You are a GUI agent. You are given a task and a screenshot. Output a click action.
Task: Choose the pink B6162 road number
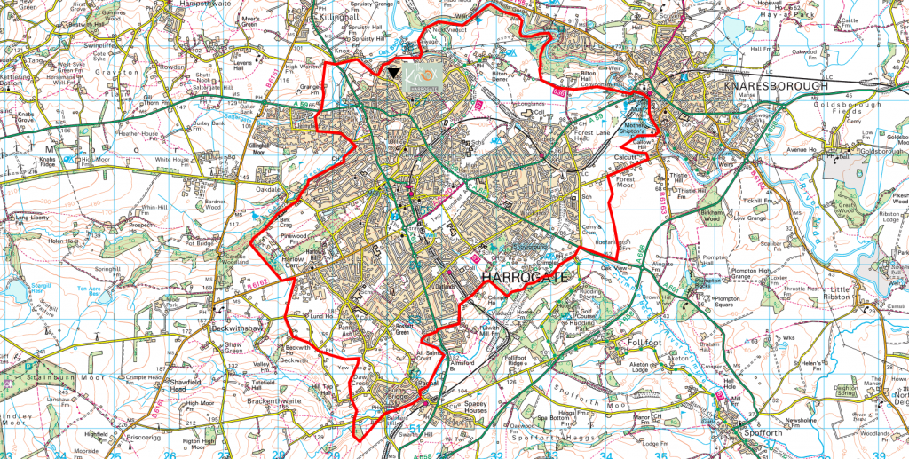[257, 284]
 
